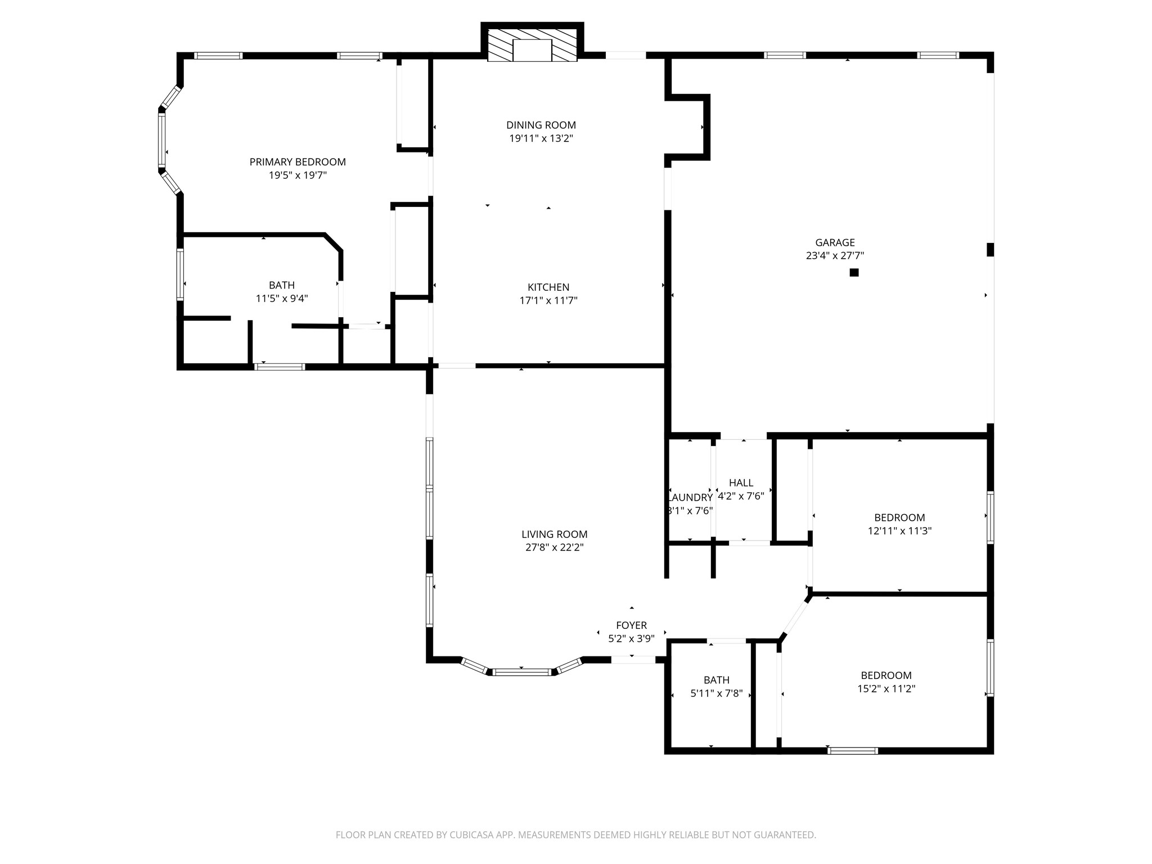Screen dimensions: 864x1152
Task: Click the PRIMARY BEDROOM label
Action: (298, 162)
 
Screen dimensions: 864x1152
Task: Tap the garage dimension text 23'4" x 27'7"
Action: (835, 256)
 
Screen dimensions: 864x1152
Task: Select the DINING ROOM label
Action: (541, 125)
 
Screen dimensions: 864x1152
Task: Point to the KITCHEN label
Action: (548, 287)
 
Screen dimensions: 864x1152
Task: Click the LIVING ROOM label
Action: (554, 534)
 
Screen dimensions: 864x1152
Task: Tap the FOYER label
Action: (631, 625)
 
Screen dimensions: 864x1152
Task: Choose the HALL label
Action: (741, 483)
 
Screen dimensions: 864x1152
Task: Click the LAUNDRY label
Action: (691, 497)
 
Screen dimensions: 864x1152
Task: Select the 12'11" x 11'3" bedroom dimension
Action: (899, 530)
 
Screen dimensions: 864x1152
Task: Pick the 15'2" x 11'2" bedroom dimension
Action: (886, 688)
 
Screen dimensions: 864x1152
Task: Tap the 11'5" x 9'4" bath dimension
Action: (282, 299)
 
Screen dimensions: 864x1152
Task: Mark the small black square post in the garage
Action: (854, 273)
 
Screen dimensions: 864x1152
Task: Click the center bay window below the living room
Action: (522, 672)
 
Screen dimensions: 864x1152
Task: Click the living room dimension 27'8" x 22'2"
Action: (554, 548)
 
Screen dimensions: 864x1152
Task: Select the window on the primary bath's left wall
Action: (181, 275)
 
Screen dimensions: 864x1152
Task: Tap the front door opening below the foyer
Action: (633, 660)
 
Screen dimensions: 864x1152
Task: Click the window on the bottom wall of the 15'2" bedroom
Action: (853, 750)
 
